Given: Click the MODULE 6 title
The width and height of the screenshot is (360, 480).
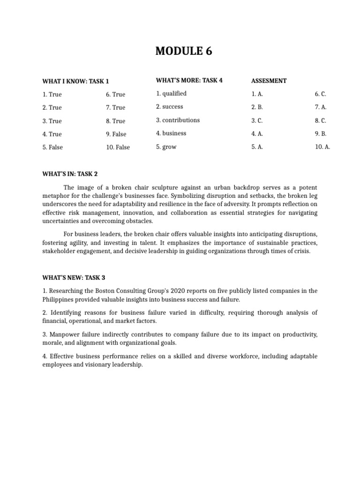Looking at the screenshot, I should click(x=184, y=51).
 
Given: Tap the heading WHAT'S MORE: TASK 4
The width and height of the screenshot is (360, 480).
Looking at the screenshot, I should click(x=189, y=80).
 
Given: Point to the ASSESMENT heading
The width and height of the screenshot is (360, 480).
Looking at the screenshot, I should click(x=269, y=81).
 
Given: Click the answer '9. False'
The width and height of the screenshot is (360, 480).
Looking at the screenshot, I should click(x=116, y=134).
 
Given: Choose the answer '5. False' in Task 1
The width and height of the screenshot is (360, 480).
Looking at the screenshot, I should click(x=52, y=147).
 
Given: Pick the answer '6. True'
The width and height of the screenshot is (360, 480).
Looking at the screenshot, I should click(x=115, y=94).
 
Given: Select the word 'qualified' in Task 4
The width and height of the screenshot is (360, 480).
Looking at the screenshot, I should click(x=174, y=93).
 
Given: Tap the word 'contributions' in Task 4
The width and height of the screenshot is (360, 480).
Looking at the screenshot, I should click(x=180, y=120).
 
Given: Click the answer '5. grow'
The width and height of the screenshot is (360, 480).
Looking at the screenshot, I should click(x=166, y=147).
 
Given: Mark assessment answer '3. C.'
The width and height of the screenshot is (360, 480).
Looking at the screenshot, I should click(x=257, y=120).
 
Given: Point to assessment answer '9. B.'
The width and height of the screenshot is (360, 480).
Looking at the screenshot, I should click(x=321, y=134).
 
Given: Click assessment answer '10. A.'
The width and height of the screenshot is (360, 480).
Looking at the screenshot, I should click(x=322, y=147).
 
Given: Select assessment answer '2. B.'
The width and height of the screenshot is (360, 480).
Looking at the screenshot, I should click(x=257, y=107).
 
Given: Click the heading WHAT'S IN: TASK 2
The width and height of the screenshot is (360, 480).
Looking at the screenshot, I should click(x=70, y=174).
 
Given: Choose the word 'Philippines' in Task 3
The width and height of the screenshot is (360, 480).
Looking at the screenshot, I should click(x=59, y=299).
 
